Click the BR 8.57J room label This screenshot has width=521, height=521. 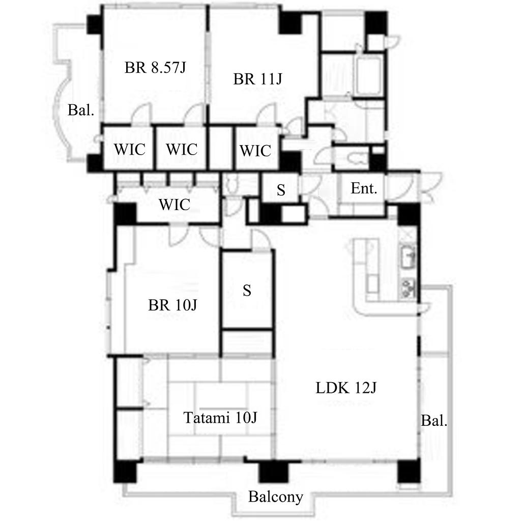(155, 68)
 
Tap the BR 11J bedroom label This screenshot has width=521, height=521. (257, 79)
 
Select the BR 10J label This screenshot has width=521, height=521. (172, 305)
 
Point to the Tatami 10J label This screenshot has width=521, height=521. (220, 418)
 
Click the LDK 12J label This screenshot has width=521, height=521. (346, 388)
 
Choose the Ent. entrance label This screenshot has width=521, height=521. (364, 189)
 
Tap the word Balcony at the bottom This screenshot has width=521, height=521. (275, 497)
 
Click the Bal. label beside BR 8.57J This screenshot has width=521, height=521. (81, 110)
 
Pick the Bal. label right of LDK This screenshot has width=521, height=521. (434, 421)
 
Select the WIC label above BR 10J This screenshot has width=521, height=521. (175, 205)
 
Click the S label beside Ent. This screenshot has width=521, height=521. (281, 190)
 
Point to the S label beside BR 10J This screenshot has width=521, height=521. (247, 291)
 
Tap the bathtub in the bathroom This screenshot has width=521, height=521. (369, 76)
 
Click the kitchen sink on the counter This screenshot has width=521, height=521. (408, 257)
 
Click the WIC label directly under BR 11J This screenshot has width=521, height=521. (255, 151)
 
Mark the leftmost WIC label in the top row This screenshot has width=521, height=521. (130, 149)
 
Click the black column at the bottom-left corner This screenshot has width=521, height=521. (125, 471)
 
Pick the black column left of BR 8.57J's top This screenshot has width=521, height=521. (94, 24)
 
